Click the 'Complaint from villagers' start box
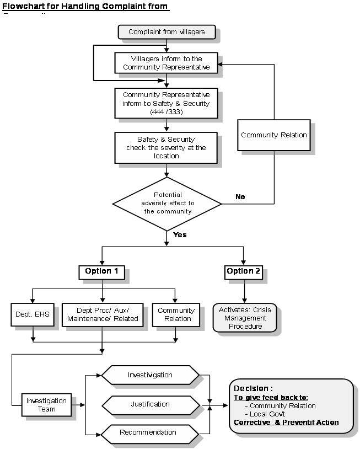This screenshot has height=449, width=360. coord(166,32)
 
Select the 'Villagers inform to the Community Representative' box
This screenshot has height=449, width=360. coord(166,63)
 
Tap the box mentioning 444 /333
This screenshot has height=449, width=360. coord(166,103)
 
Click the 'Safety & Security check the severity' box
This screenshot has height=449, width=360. coord(166,147)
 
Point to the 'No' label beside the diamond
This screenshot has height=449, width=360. coord(240,196)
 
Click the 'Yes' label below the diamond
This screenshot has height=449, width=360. coord(180,234)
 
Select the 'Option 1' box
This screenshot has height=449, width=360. coord(101,271)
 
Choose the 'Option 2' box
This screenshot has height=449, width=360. coord(243,271)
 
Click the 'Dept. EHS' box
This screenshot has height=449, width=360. coord(34,314)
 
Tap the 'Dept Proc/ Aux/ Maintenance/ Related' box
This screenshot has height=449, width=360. coord(103,314)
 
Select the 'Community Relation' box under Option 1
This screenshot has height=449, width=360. coord(176,314)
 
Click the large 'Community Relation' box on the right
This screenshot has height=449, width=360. coord(273,135)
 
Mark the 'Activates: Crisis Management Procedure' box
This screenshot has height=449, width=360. coord(245,318)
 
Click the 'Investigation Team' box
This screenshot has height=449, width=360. coord(46,404)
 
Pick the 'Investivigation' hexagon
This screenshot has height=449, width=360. coord(150,375)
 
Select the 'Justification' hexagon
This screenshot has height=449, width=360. coord(150,404)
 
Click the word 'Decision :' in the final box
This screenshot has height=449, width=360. coord(253,388)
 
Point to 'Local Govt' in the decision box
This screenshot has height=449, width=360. coord(267,414)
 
